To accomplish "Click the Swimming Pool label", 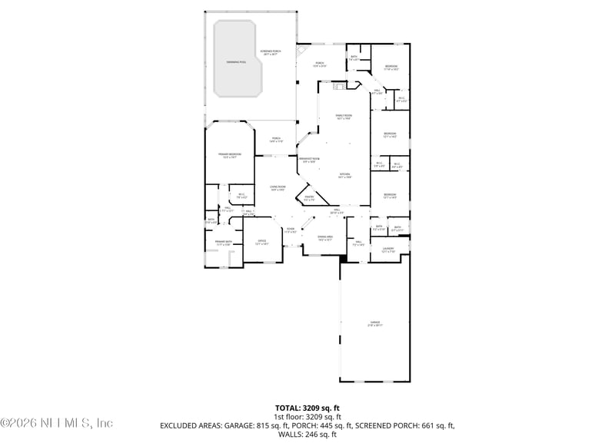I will [x=237, y=61].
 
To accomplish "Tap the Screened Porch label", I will [x=271, y=52].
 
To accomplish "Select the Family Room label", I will [x=343, y=117].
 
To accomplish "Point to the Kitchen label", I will [x=345, y=176].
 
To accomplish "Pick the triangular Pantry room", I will [x=309, y=198].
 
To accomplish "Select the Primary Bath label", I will [x=222, y=244].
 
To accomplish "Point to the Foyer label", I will [x=291, y=230].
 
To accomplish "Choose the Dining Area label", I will [x=324, y=238].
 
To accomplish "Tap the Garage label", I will [x=374, y=323].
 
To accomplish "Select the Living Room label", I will [x=278, y=188].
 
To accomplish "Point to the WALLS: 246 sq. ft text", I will [x=307, y=435].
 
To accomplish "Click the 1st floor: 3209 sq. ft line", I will [x=307, y=416].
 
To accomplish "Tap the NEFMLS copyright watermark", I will [x=57, y=423].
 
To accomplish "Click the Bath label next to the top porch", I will [x=354, y=58].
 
